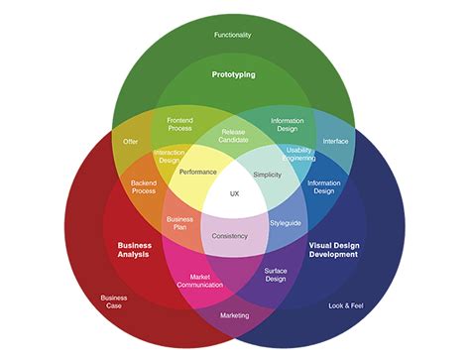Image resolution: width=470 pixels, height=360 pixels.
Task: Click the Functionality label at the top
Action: click(x=233, y=36)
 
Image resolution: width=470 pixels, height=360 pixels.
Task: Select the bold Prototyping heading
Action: click(x=234, y=74)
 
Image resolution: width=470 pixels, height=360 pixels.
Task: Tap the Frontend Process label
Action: click(x=179, y=125)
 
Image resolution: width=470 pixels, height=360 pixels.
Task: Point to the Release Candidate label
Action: click(x=234, y=135)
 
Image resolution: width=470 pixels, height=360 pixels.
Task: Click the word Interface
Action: click(x=335, y=141)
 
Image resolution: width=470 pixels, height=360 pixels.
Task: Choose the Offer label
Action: click(x=131, y=141)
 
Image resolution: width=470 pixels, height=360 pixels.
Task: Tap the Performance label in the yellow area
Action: click(x=198, y=173)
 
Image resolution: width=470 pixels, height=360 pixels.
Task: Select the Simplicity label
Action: click(x=268, y=175)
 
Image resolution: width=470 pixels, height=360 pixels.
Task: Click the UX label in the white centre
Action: click(x=235, y=192)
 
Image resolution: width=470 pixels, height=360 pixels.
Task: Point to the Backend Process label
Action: click(x=145, y=187)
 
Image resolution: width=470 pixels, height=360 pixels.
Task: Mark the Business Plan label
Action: click(x=179, y=222)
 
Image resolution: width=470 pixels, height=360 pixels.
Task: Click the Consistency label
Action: click(x=231, y=236)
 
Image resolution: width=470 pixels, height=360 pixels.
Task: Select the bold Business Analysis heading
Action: click(x=134, y=249)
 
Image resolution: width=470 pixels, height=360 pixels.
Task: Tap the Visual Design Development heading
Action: click(x=332, y=249)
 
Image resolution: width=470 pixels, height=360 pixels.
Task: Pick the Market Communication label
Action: click(x=199, y=281)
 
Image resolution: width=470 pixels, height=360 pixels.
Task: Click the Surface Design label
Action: click(x=276, y=275)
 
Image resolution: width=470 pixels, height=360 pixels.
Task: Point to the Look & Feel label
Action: click(x=346, y=305)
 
